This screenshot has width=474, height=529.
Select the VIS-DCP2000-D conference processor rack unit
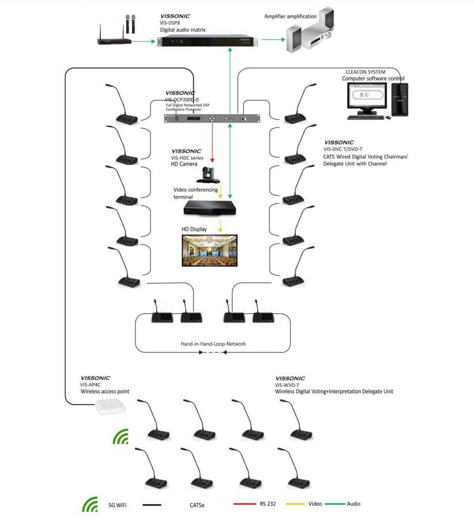tap(212, 119)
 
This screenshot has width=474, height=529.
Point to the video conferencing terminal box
tap(210, 208)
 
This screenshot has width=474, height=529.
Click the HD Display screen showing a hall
tap(210, 250)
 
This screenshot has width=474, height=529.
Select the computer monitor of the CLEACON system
tap(367, 98)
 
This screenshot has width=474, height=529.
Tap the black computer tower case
tap(400, 99)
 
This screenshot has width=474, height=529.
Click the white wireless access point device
tap(110, 406)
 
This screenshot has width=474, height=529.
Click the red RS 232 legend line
tap(245, 504)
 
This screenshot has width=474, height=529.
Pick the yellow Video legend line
tap(295, 504)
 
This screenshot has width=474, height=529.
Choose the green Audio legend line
tap(335, 504)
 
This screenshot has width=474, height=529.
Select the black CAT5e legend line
tap(152, 505)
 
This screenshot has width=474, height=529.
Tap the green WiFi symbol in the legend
tap(90, 504)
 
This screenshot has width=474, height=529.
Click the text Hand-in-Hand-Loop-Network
tap(213, 344)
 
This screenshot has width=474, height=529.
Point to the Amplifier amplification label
tap(290, 16)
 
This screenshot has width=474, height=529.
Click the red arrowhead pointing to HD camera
tap(213, 160)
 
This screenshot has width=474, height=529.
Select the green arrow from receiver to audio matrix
tap(143, 41)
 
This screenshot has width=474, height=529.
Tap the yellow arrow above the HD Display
tap(221, 226)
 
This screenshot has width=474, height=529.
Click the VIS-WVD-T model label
tap(287, 385)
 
